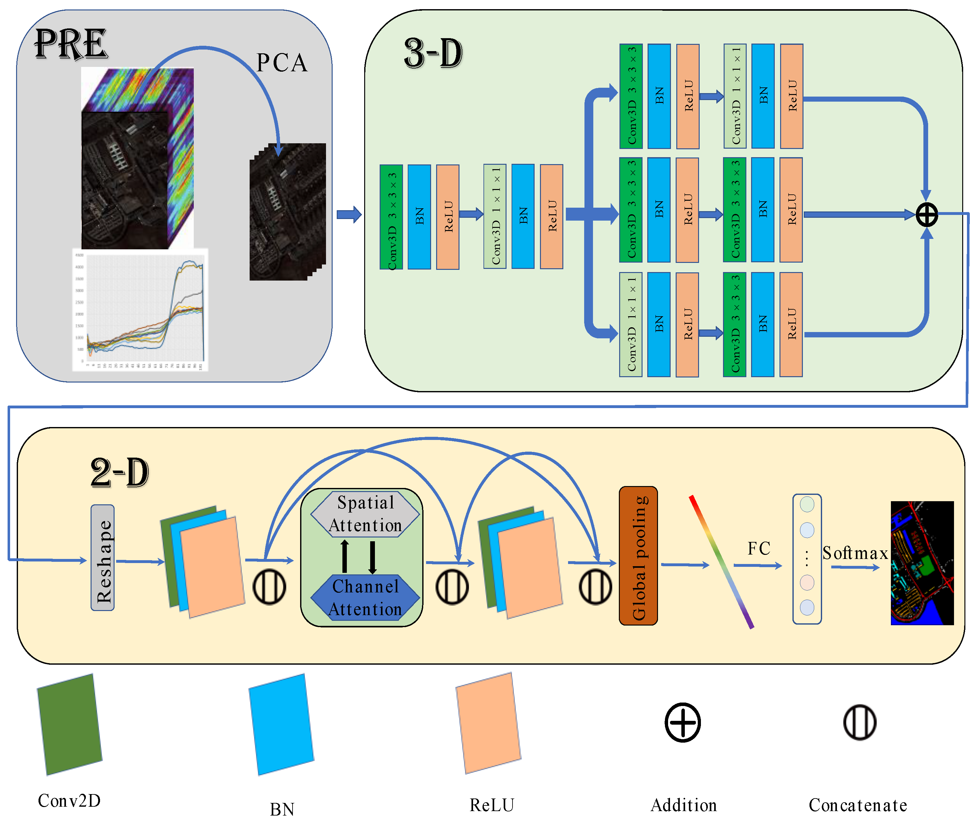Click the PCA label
(x=282, y=63)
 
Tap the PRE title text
(x=71, y=45)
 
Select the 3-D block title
(x=433, y=53)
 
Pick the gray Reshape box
(x=103, y=557)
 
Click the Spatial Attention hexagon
(x=365, y=513)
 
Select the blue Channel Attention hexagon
(x=365, y=598)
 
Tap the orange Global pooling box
(x=638, y=555)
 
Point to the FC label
(x=759, y=549)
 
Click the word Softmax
(x=855, y=553)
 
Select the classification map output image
(x=922, y=563)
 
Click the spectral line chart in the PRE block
(x=140, y=310)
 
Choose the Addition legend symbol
(x=683, y=722)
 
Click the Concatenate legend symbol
(x=860, y=722)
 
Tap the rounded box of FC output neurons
(x=807, y=559)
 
